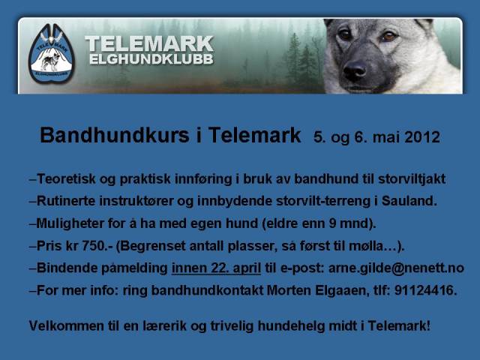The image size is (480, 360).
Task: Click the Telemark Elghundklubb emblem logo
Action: (x=52, y=53)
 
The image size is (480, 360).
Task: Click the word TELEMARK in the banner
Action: (x=149, y=44)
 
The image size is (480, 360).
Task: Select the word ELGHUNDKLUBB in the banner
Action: (x=151, y=59)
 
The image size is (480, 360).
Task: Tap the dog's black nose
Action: (x=355, y=70)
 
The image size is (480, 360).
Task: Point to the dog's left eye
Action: (x=388, y=37)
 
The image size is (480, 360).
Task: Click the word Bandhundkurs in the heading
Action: (x=115, y=135)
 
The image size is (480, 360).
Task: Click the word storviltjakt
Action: (x=412, y=179)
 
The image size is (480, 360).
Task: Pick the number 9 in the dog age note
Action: (x=333, y=223)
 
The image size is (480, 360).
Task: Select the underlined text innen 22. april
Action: (x=216, y=268)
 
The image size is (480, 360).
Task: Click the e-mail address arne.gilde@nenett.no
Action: (x=396, y=268)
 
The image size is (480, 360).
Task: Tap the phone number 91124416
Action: (x=425, y=290)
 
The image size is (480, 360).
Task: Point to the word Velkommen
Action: (x=67, y=325)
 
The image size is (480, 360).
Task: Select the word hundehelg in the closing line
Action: (x=291, y=325)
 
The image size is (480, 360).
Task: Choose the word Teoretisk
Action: (x=66, y=178)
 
